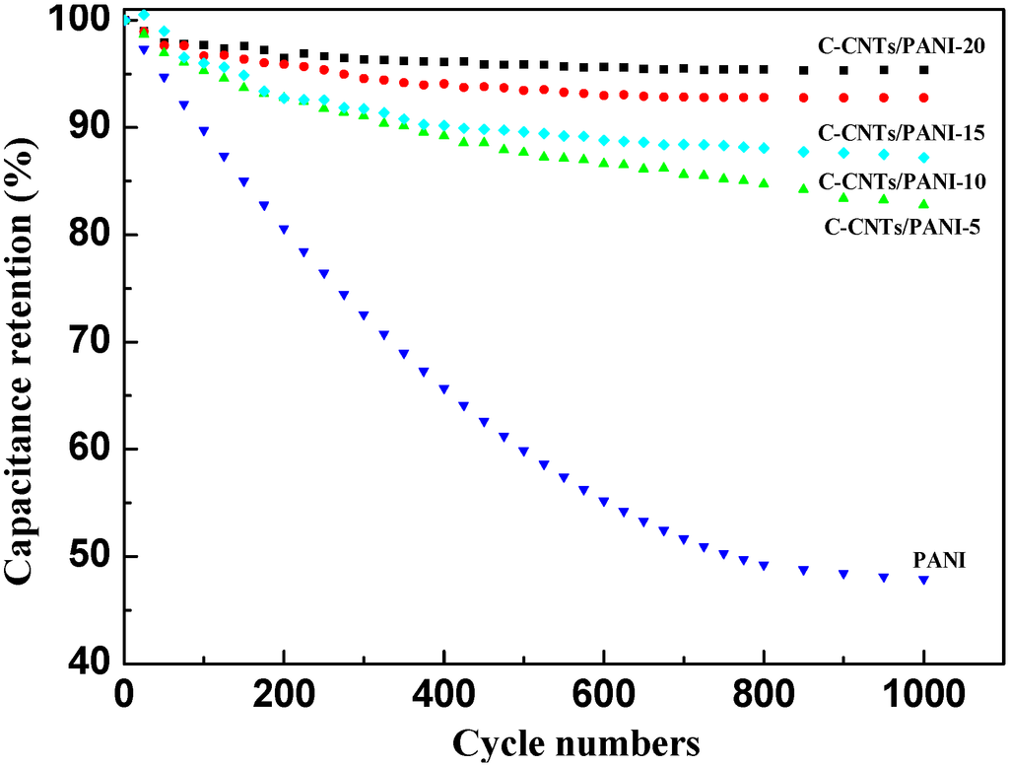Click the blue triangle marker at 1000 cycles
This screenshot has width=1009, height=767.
tap(924, 580)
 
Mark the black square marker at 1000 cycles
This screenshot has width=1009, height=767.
tap(924, 70)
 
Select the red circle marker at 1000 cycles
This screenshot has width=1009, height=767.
tap(924, 98)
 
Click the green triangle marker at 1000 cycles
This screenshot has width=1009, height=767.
tap(924, 203)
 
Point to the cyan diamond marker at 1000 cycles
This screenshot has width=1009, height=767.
tap(924, 158)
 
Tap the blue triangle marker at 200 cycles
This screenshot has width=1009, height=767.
tap(284, 230)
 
